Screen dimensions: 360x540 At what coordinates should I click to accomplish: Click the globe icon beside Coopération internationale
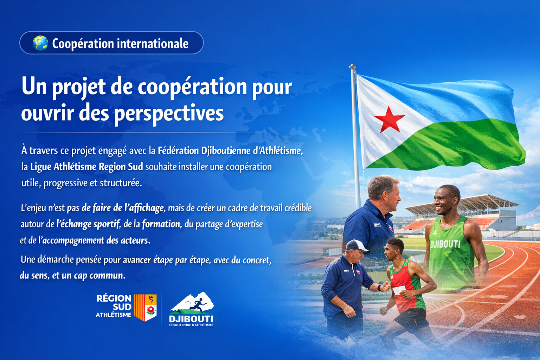(x=40, y=43)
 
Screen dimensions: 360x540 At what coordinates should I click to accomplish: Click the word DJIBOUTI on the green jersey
(x=445, y=244)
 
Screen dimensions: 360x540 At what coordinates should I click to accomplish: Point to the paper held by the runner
(x=399, y=290)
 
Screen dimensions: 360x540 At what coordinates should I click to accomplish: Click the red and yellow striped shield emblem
(x=145, y=308)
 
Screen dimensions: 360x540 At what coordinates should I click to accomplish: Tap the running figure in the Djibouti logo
(x=197, y=305)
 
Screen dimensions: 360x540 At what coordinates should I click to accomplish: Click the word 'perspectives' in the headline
(x=169, y=113)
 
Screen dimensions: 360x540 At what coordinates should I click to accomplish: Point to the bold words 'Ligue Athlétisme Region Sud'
(x=86, y=167)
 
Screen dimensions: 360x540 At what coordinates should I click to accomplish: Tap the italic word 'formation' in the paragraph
(x=161, y=224)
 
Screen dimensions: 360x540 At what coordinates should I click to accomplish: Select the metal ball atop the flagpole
(x=352, y=67)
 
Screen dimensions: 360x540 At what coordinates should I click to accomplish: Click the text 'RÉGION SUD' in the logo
(x=114, y=302)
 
